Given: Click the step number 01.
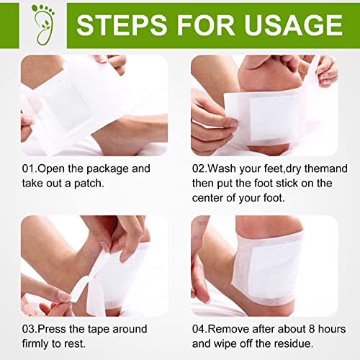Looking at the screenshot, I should click(x=28, y=169).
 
